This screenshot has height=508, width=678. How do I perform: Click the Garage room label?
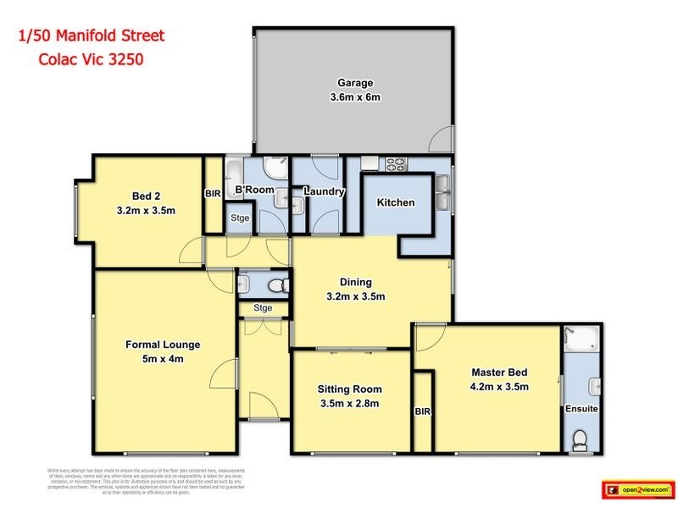tap(355, 83)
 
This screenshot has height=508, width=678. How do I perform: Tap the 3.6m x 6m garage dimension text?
tap(355, 97)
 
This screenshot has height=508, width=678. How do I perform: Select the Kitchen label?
tap(396, 202)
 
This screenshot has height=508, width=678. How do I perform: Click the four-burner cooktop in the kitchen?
tap(397, 164)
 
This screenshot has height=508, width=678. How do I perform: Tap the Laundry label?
tap(324, 192)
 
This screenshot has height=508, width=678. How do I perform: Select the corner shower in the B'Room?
tap(275, 166)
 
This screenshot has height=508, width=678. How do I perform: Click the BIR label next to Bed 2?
tap(213, 194)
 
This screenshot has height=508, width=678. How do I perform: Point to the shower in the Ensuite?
tap(582, 341)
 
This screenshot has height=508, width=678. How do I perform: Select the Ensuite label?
tap(582, 409)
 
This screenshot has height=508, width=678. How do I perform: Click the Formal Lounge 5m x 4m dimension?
tap(163, 359)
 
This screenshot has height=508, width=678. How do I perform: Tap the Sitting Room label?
tap(349, 389)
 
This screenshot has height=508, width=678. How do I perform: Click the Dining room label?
tap(356, 283)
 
